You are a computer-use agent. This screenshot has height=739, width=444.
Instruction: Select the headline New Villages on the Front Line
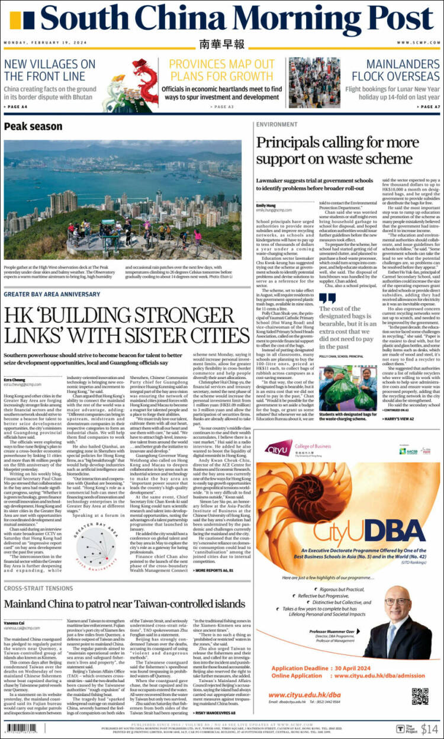49,70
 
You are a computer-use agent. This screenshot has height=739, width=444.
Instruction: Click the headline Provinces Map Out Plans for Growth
221,70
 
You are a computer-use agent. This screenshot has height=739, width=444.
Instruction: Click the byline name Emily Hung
266,205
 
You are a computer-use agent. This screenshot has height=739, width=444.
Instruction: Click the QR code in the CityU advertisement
420,679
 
